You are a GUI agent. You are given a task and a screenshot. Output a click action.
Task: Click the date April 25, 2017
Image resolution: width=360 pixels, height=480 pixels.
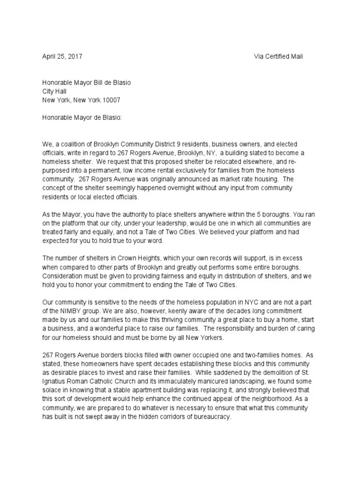point(62,56)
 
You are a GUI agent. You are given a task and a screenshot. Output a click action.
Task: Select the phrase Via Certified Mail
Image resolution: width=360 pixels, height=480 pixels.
point(278,56)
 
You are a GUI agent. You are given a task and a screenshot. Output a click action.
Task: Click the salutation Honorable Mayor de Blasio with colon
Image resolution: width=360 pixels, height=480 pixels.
point(82,118)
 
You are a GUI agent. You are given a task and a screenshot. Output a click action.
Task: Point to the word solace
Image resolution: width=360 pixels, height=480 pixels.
point(52,390)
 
